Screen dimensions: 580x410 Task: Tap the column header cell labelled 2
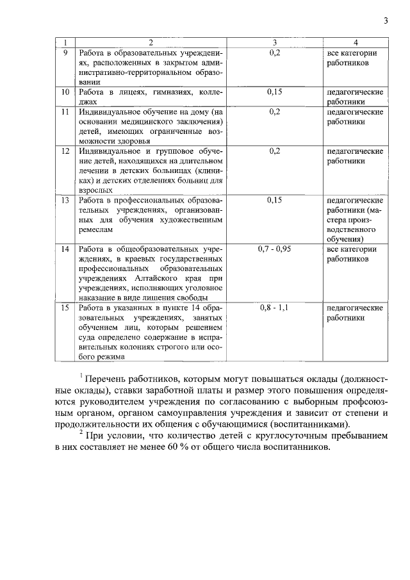point(151,43)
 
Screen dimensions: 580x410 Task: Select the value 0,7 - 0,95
point(274,249)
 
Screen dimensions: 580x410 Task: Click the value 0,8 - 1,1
point(274,308)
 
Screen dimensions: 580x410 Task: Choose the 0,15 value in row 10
point(275,92)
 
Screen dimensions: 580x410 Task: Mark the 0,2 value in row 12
point(275,151)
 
